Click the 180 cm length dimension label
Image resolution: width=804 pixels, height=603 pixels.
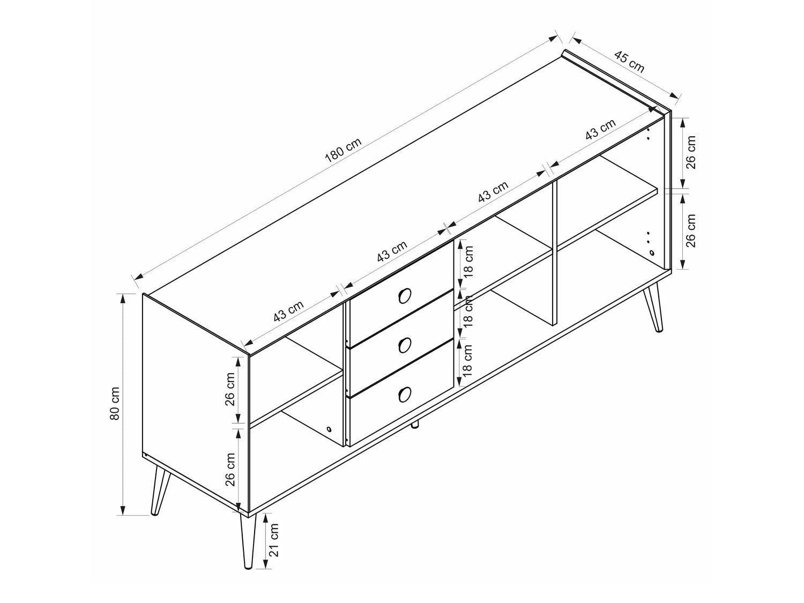point(343,150)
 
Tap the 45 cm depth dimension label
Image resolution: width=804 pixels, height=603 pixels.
point(629,62)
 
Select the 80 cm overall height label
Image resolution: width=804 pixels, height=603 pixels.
point(115,403)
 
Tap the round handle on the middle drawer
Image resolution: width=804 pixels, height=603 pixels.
point(404,345)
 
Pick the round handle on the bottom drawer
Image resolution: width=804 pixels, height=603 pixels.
point(404,394)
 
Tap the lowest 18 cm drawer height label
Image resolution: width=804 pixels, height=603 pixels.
point(467,361)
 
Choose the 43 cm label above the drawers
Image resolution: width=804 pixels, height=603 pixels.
point(392,251)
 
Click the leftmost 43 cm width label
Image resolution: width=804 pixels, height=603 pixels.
point(289,311)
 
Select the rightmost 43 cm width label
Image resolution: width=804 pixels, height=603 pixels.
point(600,130)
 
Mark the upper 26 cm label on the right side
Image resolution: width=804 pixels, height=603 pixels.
point(690,152)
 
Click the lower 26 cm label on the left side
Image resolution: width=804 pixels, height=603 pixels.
point(230,469)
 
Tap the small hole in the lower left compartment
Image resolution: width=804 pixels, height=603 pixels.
point(329,429)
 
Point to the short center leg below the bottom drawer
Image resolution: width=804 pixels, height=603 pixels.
point(415,424)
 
